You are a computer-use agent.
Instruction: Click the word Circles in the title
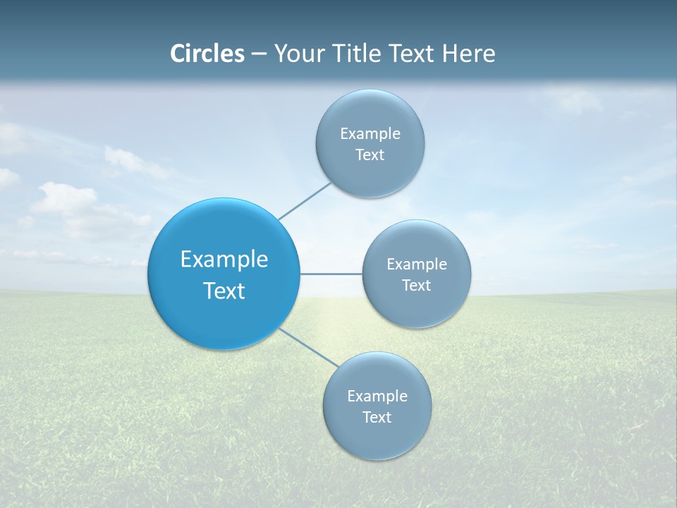click(x=207, y=54)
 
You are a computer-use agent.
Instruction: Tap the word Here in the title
click(x=468, y=54)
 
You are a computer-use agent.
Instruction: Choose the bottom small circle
click(x=377, y=437)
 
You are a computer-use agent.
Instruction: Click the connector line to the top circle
click(x=305, y=201)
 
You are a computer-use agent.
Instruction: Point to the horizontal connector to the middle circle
click(x=331, y=274)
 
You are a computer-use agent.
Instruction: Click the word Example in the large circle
click(x=224, y=260)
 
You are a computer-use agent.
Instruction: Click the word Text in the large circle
click(x=224, y=291)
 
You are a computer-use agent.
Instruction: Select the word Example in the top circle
click(x=370, y=133)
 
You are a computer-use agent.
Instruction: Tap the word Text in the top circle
click(x=370, y=155)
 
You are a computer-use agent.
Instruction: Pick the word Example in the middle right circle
click(x=417, y=264)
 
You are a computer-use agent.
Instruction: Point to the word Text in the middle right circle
click(x=416, y=286)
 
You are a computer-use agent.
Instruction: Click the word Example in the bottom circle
click(x=377, y=396)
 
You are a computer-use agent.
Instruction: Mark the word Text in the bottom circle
click(x=377, y=418)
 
